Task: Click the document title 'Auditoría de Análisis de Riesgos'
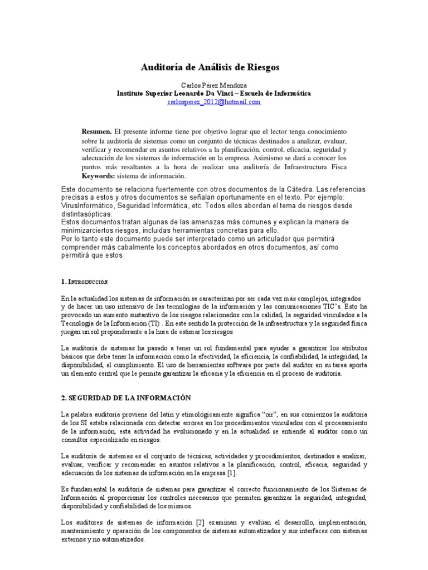tap(213, 67)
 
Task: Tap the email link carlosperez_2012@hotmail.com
tap(213, 102)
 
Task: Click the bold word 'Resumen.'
tap(97, 131)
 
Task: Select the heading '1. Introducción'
tap(85, 282)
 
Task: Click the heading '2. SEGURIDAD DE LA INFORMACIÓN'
tap(126, 398)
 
